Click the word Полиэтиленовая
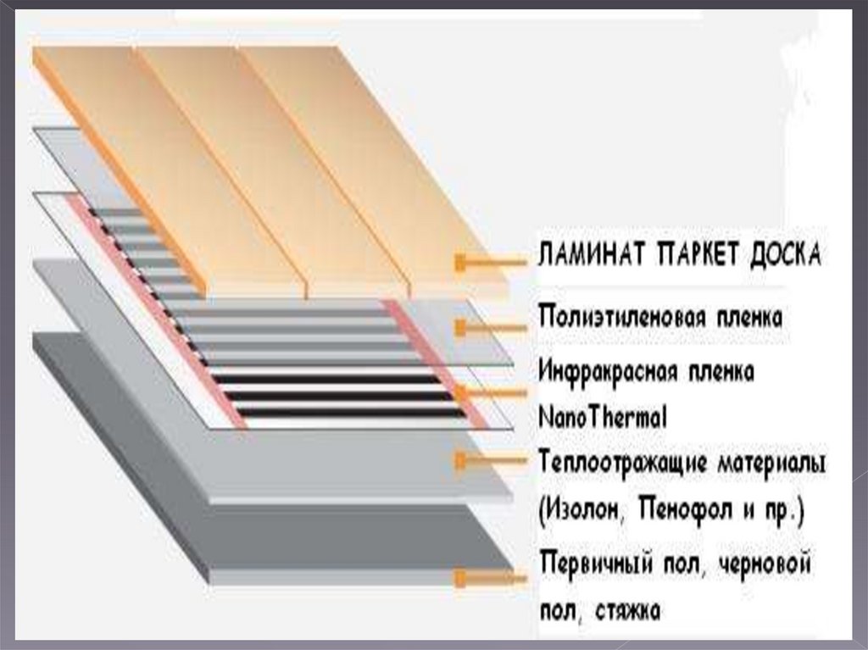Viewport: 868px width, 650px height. tap(618, 319)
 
